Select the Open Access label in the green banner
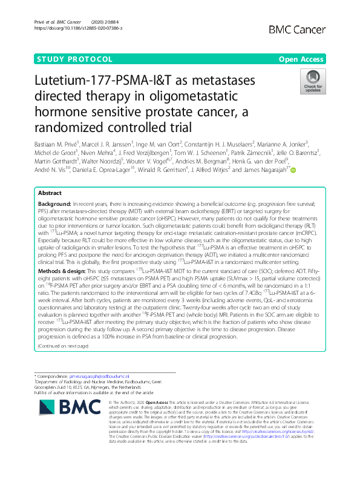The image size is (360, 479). pyautogui.click(x=304, y=59)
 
